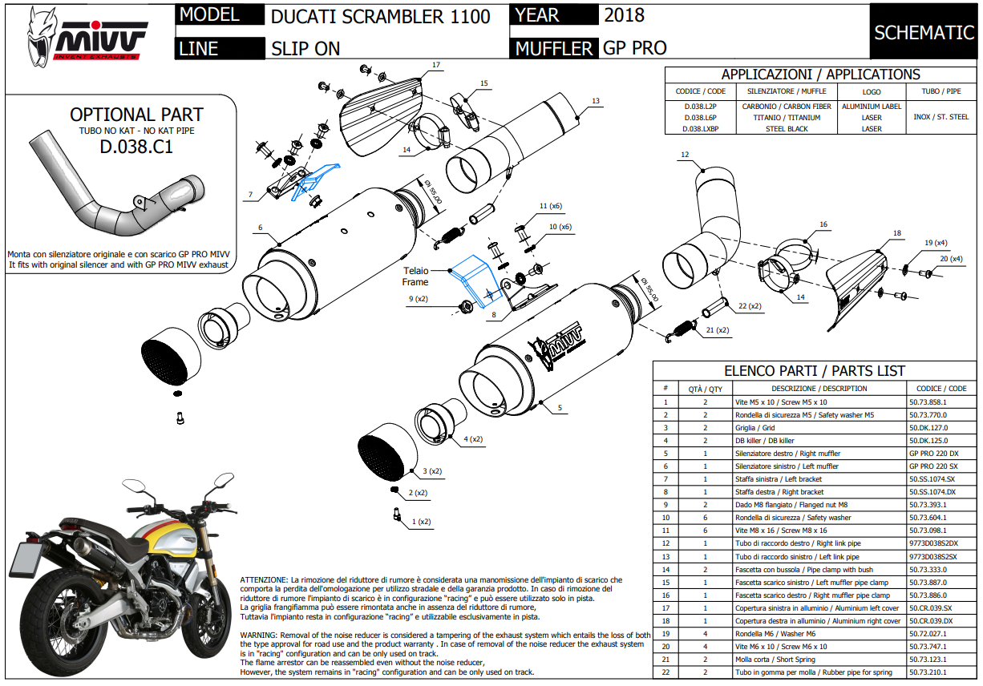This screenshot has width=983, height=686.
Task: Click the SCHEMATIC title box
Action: pos(924,32)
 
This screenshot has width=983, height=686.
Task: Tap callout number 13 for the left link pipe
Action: pos(595,101)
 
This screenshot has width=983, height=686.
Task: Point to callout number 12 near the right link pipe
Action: pos(684,154)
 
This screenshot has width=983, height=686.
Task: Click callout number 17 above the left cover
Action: pos(436,64)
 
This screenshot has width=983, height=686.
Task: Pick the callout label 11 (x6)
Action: pos(550,207)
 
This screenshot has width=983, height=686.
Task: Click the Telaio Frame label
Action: pos(415,276)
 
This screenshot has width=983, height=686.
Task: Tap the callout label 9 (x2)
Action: pos(419,299)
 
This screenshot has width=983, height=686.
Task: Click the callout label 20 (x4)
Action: pos(951,259)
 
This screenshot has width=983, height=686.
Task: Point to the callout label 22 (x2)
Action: pos(750,306)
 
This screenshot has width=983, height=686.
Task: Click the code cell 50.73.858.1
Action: pos(928,402)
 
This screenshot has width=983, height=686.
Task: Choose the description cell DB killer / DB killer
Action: pos(765,441)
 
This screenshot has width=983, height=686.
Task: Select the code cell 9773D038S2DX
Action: pos(933,543)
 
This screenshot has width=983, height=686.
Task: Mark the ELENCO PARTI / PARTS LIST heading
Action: pos(815,371)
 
